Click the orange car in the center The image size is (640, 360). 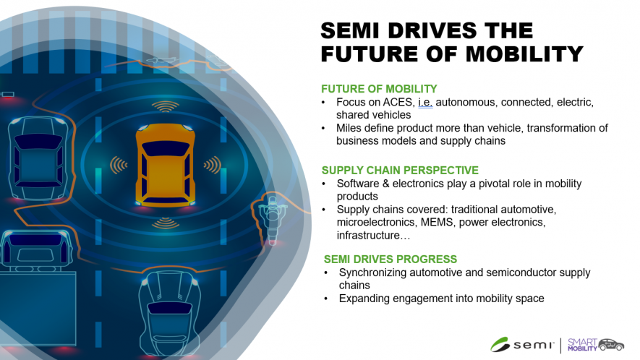pyautogui.click(x=165, y=165)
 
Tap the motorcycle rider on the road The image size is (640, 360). pyautogui.click(x=272, y=218)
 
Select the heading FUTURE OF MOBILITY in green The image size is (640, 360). pyautogui.click(x=379, y=89)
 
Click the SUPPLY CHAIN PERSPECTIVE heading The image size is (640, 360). pyautogui.click(x=400, y=170)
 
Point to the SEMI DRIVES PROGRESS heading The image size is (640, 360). pyautogui.click(x=391, y=260)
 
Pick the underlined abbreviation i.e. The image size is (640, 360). pyautogui.click(x=425, y=103)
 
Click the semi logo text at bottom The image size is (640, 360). pyautogui.click(x=534, y=346)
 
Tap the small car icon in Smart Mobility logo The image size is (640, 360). pyautogui.click(x=611, y=345)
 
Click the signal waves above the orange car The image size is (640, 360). pyautogui.click(x=166, y=107)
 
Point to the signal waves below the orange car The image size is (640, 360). pyautogui.click(x=166, y=223)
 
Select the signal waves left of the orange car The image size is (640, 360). pyautogui.click(x=119, y=165)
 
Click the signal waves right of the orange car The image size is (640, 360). pyautogui.click(x=212, y=165)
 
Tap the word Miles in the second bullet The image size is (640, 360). pyautogui.click(x=349, y=128)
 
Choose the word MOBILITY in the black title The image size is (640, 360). pyautogui.click(x=524, y=54)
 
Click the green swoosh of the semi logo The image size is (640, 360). pyautogui.click(x=500, y=345)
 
